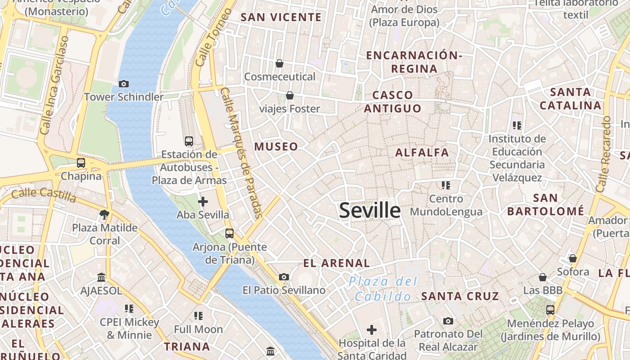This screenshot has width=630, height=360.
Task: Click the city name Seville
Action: click(369, 210)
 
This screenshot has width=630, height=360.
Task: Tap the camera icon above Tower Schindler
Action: click(124, 84)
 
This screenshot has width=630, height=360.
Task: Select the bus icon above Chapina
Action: click(81, 163)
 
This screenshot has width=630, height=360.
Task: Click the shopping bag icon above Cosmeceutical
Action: click(279, 63)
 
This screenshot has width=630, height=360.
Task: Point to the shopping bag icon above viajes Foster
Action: click(290, 95)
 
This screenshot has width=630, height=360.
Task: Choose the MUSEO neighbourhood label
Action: click(276, 146)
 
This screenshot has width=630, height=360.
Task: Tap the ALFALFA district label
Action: click(422, 153)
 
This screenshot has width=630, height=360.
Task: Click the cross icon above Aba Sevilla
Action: click(203, 202)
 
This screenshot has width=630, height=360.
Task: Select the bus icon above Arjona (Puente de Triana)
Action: click(229, 233)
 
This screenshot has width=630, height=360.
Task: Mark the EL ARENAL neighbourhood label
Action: click(337, 263)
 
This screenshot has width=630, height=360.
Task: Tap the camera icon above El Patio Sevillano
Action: click(284, 277)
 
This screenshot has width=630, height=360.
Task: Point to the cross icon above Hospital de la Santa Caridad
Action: click(372, 330)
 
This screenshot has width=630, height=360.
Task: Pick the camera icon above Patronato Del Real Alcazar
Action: click(448, 321)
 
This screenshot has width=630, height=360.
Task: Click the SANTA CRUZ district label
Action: click(460, 296)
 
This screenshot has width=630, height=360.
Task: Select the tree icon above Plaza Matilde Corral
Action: click(105, 214)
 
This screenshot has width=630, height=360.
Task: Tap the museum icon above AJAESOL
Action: click(101, 278)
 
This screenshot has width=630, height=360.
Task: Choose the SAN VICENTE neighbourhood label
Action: click(281, 18)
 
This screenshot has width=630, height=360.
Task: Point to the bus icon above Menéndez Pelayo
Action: click(550, 310)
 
